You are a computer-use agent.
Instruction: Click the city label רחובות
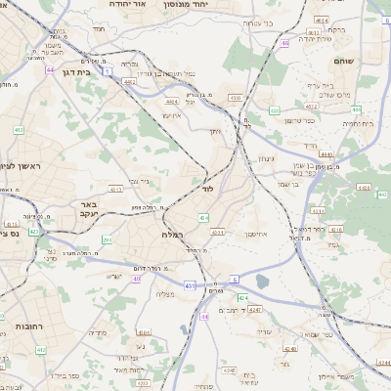[x=30, y=326]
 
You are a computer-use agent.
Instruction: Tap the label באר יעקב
[x=87, y=210]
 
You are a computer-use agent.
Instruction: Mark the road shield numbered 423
[x=34, y=233]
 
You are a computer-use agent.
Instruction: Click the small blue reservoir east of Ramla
[x=260, y=283]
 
